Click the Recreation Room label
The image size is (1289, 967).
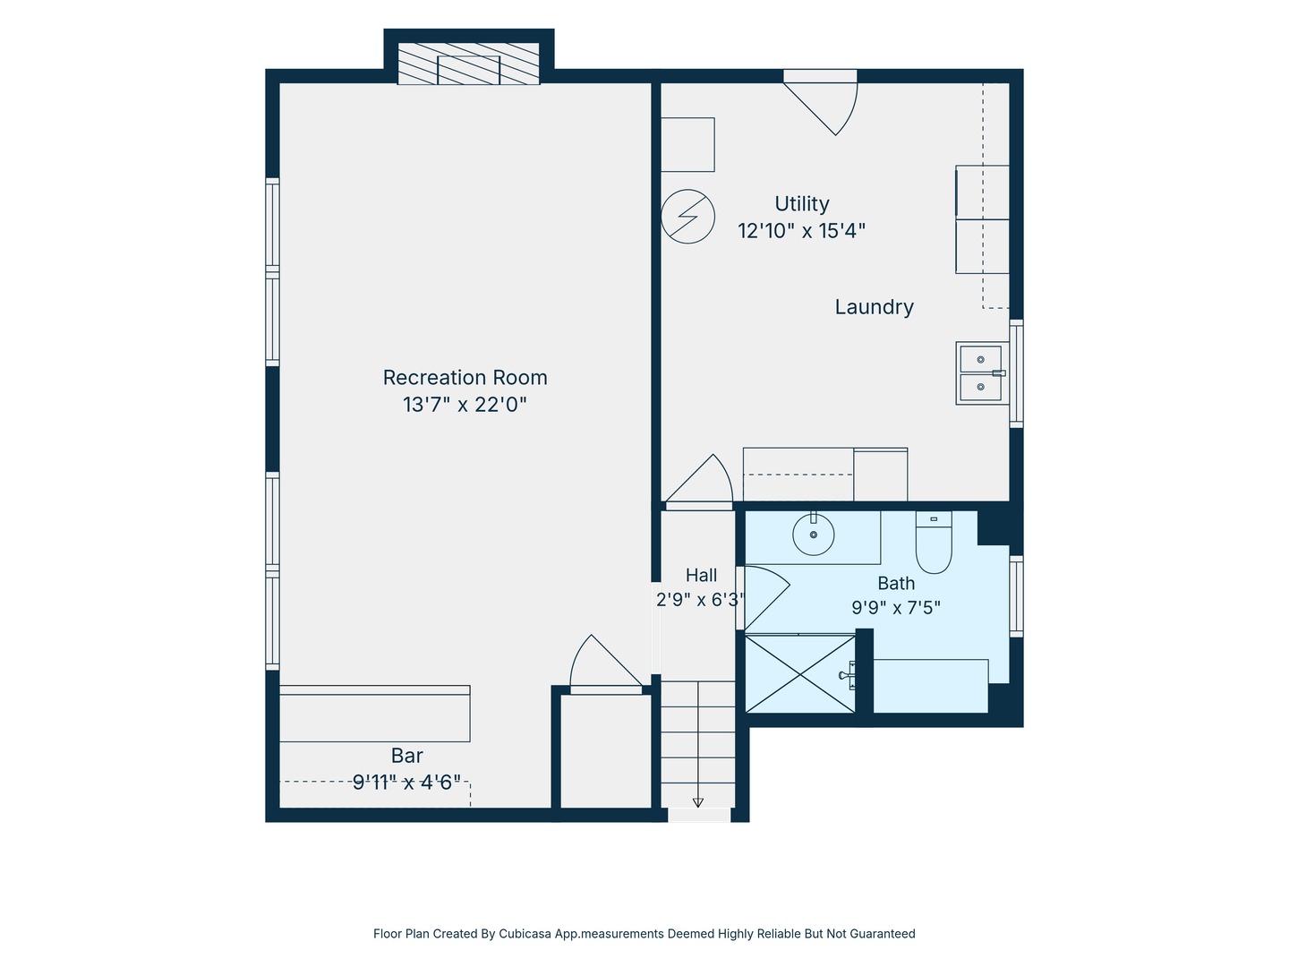(465, 378)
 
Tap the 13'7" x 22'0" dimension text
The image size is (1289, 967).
(465, 405)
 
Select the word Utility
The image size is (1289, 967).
(801, 204)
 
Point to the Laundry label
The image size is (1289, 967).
(874, 307)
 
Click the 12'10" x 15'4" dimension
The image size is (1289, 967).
(801, 231)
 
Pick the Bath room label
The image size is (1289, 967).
(896, 583)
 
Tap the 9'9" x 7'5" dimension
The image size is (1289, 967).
(896, 607)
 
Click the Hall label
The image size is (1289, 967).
(701, 575)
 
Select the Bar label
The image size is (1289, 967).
(407, 755)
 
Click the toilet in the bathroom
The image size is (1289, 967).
(934, 543)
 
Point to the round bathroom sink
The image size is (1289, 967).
(814, 535)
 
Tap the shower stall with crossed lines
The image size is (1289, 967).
(800, 674)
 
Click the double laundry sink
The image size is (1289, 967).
(982, 373)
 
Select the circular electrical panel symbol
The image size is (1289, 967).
(687, 216)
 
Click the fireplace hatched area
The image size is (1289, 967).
(469, 64)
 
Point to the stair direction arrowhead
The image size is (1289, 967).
(697, 802)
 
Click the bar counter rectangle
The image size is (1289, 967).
(375, 714)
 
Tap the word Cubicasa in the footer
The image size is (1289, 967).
(525, 934)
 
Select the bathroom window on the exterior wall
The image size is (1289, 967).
(1016, 596)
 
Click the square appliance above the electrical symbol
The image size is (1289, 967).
(687, 144)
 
